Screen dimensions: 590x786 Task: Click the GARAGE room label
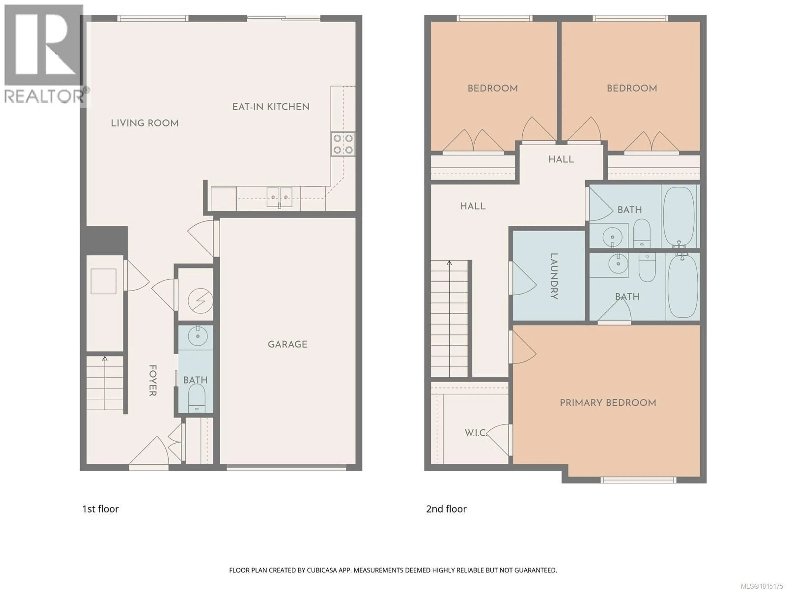(x=287, y=344)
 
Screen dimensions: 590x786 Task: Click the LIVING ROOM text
(x=145, y=123)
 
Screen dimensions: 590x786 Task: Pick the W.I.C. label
(x=475, y=433)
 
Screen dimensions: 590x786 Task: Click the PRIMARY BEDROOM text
(x=608, y=403)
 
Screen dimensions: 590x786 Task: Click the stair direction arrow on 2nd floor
(x=449, y=263)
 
